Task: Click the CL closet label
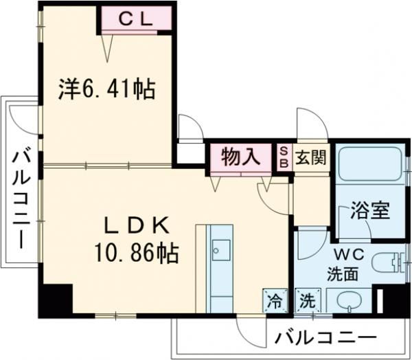[x=135, y=19]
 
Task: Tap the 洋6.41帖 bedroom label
[x=106, y=89]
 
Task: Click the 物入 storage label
[x=240, y=157]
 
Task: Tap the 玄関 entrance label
[x=310, y=157]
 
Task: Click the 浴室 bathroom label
[x=371, y=210]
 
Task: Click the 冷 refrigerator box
[x=274, y=300]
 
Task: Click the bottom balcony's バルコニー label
[x=325, y=337]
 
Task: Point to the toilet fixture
[x=389, y=262]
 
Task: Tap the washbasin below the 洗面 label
[x=347, y=300]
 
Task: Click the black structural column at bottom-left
[x=54, y=300]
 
